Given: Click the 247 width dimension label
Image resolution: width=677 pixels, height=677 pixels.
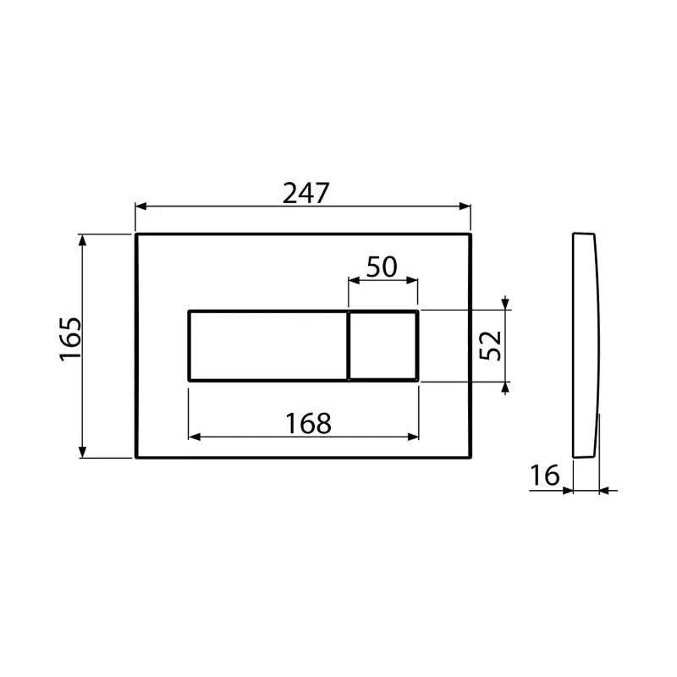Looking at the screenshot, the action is tap(305, 193).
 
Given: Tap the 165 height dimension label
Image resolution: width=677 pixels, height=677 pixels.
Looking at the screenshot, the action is tap(70, 339).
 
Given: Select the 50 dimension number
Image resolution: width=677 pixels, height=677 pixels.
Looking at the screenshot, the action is tap(382, 267).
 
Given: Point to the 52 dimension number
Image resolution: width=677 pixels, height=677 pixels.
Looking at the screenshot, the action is tap(491, 345).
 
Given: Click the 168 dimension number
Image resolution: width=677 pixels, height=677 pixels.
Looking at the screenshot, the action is tap(308, 424).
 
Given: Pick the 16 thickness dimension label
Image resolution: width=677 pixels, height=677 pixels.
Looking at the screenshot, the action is tap(544, 475).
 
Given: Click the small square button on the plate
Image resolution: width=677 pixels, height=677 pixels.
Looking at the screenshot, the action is tap(383, 346).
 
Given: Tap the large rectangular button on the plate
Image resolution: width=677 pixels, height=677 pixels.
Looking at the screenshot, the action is tap(268, 346).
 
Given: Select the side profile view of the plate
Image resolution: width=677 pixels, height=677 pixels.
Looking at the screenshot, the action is tap(586, 345).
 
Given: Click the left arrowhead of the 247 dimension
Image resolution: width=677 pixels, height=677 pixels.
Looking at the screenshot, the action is tap(141, 206).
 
